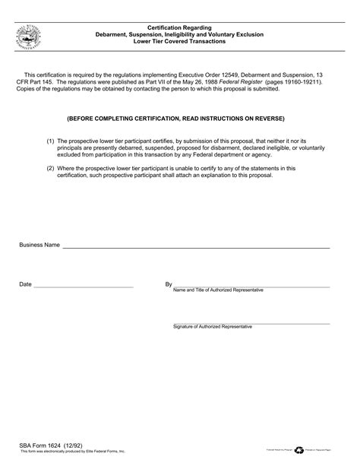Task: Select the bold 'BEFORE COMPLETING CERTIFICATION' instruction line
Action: (x=175, y=119)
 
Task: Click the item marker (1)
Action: (x=50, y=141)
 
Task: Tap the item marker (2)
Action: (x=50, y=168)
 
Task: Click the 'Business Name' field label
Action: (x=39, y=246)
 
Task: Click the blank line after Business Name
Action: (x=196, y=248)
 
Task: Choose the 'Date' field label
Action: (x=25, y=284)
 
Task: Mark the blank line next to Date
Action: (x=84, y=287)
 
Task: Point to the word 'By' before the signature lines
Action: (x=169, y=284)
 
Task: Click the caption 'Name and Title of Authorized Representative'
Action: (x=219, y=290)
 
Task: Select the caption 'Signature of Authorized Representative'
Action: (x=213, y=326)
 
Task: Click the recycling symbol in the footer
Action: (x=298, y=449)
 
